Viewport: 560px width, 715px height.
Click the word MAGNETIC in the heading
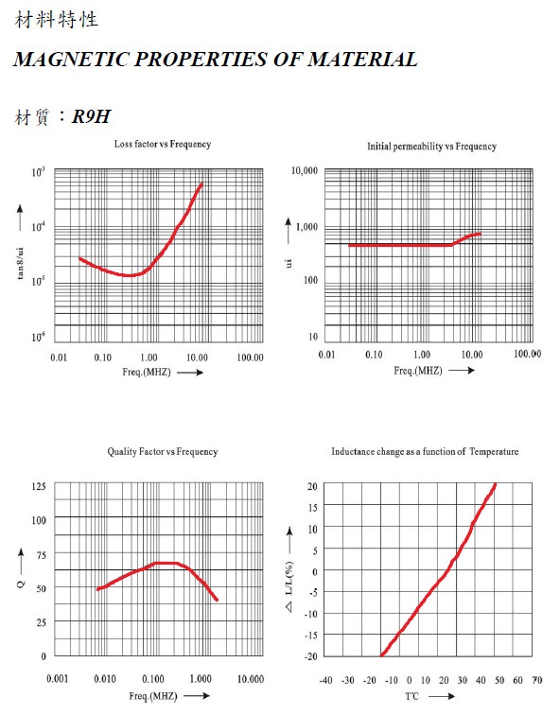click(71, 60)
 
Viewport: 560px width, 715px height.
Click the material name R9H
click(91, 116)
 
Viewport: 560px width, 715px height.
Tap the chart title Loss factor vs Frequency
click(163, 144)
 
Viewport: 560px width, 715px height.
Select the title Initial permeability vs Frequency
click(431, 147)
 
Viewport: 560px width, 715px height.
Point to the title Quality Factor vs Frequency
click(163, 451)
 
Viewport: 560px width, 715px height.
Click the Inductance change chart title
click(425, 451)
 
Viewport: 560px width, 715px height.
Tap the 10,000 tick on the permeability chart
click(305, 170)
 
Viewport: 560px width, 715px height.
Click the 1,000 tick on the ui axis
click(306, 227)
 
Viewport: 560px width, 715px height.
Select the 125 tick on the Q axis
click(39, 486)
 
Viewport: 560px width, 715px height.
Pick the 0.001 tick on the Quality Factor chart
click(58, 678)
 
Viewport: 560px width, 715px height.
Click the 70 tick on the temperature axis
click(537, 680)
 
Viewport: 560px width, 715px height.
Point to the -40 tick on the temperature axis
click(325, 680)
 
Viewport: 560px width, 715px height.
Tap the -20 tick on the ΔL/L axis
click(311, 655)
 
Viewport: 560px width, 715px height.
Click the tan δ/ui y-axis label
click(20, 263)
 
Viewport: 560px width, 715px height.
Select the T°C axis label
click(411, 696)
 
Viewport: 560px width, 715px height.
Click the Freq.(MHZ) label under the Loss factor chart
click(147, 372)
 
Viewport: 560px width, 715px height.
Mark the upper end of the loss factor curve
click(201, 183)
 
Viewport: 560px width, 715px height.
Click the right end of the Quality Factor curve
click(217, 600)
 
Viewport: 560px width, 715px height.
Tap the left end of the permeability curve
click(350, 245)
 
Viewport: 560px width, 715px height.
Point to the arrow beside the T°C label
click(442, 696)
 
